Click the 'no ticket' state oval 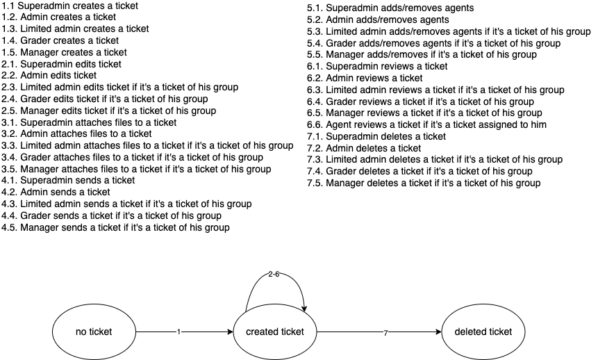[x=94, y=332]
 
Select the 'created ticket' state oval [x=274, y=332]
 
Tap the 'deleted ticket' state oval [x=483, y=332]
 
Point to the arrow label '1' [x=178, y=332]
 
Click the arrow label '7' [x=385, y=332]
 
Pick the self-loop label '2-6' [x=274, y=274]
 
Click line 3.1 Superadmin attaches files [x=89, y=122]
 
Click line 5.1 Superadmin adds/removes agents [x=390, y=8]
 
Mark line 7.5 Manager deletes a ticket [x=424, y=183]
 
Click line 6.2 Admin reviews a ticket [x=365, y=78]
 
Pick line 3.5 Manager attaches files [x=136, y=169]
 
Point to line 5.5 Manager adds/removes [x=412, y=55]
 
